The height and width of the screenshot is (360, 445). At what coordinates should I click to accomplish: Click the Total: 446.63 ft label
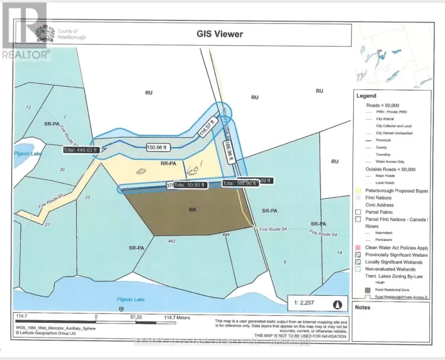pos(81,150)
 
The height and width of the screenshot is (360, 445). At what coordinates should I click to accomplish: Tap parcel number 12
pos(28,108)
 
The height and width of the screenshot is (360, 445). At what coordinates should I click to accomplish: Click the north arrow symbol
pos(337,305)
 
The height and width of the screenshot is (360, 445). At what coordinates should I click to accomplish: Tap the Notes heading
pos(363,307)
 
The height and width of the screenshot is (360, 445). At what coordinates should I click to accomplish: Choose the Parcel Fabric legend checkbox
pos(358,211)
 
